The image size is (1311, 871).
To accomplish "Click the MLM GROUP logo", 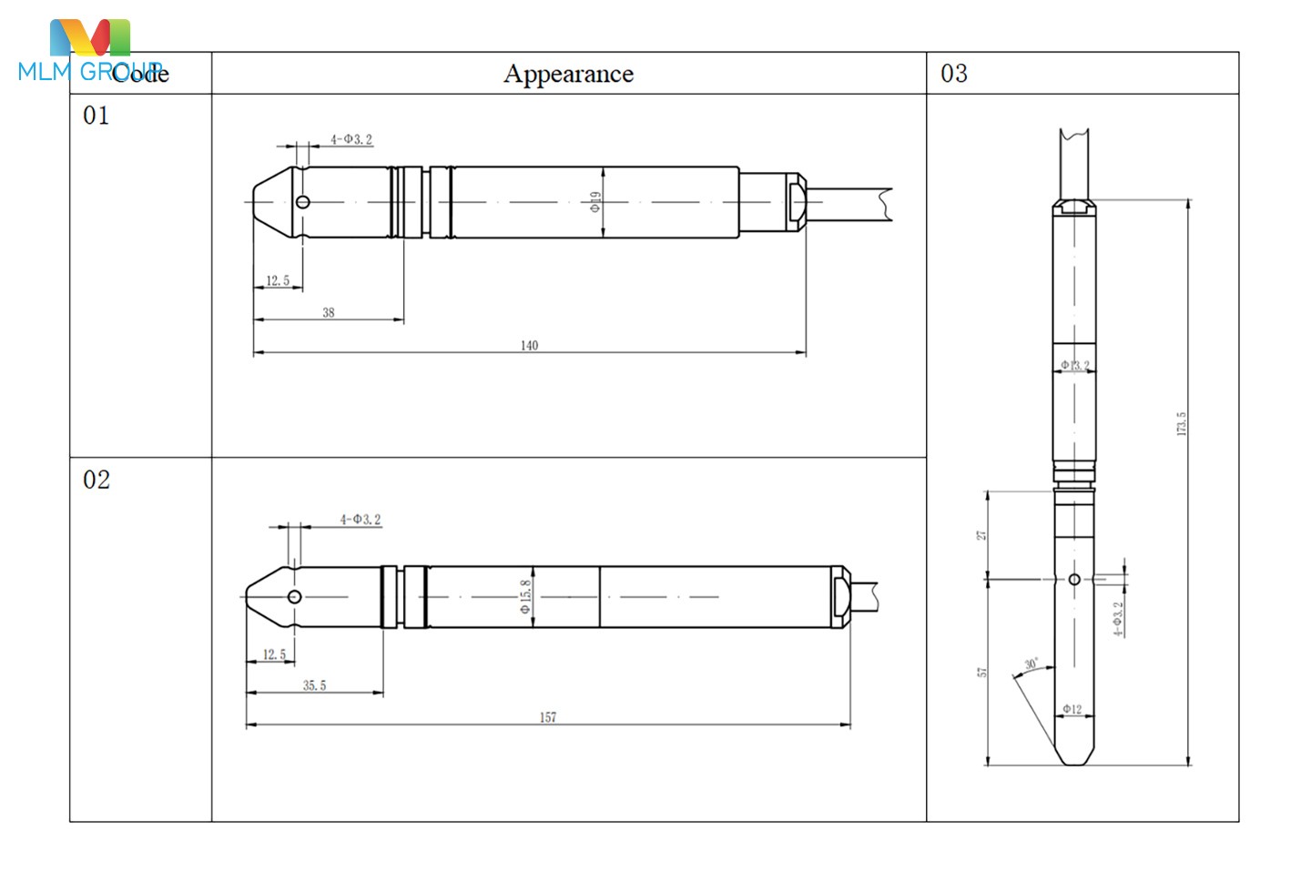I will click(89, 52).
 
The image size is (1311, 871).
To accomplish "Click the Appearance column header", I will click(568, 74).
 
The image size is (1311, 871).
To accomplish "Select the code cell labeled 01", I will click(96, 116).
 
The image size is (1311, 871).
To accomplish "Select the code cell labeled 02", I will click(96, 480).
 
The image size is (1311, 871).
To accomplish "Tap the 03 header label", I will click(954, 74).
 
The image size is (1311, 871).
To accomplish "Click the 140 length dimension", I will click(529, 345).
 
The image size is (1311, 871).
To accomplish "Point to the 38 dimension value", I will click(329, 312).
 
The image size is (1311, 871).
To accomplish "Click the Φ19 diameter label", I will click(595, 202).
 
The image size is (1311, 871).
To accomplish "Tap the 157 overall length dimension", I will click(547, 717).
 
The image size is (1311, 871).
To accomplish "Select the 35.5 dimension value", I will click(314, 685).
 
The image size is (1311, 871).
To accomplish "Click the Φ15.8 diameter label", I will click(525, 596).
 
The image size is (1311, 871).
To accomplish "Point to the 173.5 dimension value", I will click(1182, 423).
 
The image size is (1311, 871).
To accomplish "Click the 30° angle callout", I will click(1031, 664).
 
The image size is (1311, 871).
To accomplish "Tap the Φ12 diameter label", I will click(1072, 709).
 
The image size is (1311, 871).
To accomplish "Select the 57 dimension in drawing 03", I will click(982, 672).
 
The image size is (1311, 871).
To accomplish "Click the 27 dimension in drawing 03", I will click(982, 535).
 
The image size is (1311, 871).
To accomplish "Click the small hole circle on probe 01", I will click(303, 202).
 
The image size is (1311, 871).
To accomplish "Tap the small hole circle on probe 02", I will click(294, 597).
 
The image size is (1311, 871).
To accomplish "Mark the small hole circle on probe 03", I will click(1074, 579).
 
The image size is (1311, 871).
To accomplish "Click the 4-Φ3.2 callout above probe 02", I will click(361, 520).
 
